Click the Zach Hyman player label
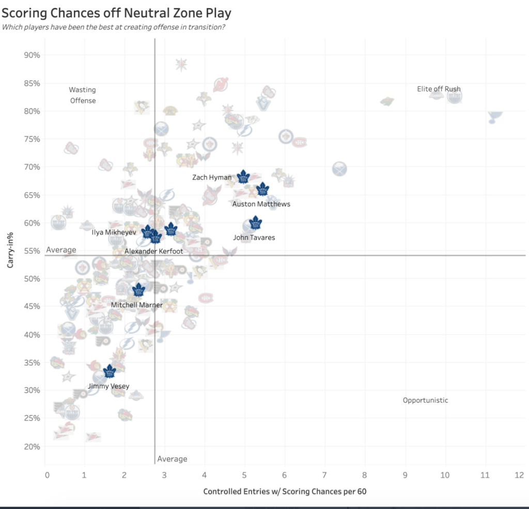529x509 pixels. tap(212, 177)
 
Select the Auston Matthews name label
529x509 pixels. tap(261, 204)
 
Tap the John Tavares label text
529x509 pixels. tap(254, 238)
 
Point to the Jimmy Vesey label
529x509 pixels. tap(108, 386)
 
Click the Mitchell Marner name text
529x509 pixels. tap(137, 305)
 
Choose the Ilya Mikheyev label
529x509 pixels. tap(114, 233)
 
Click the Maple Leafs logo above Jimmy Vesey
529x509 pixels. tap(110, 371)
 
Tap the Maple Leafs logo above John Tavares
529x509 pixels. tap(255, 223)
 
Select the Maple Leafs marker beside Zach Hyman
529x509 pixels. tap(243, 177)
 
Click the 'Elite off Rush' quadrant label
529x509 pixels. tap(439, 89)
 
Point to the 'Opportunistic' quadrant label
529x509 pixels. tap(425, 400)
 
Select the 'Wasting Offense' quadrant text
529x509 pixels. tap(83, 95)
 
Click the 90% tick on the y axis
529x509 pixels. tap(32, 55)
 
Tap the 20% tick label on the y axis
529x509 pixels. tap(32, 446)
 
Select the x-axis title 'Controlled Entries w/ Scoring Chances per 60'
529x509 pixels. tap(285, 491)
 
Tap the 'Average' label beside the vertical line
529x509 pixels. tap(172, 459)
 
